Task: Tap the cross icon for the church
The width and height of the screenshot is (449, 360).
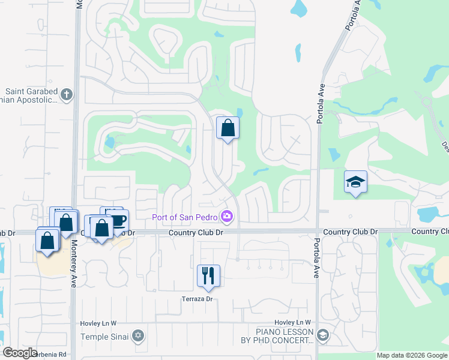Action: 67,94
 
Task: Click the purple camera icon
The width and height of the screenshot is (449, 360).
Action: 227,215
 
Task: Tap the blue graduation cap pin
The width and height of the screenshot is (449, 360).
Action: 355,181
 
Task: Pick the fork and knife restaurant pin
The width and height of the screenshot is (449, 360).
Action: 208,275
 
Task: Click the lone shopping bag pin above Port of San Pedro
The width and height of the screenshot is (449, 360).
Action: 228,128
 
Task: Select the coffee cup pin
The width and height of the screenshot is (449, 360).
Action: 118,220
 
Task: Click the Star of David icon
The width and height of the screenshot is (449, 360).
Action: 139,335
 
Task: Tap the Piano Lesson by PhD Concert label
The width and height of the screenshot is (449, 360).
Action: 285,336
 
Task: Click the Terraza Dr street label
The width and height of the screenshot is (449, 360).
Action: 197,299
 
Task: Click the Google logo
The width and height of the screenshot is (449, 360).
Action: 20,353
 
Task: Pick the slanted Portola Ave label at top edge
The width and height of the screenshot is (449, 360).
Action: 353,14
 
